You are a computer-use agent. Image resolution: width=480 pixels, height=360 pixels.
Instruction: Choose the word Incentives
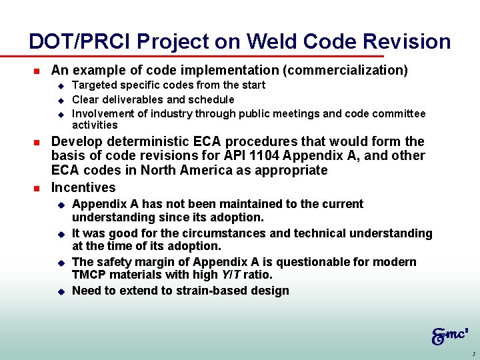click(x=83, y=188)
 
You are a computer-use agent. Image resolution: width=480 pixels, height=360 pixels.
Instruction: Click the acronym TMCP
click(x=89, y=275)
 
